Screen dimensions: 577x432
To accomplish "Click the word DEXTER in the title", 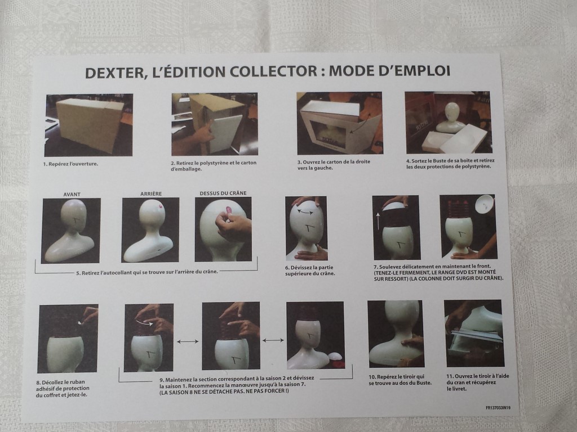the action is (x=114, y=73).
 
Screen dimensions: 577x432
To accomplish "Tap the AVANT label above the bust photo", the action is (x=72, y=194).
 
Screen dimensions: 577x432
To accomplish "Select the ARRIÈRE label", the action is (x=151, y=193).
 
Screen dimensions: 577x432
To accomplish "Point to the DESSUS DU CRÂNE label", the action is (x=223, y=193).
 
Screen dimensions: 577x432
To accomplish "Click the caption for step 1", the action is (x=70, y=164).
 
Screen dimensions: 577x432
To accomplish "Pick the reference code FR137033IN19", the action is (x=498, y=407).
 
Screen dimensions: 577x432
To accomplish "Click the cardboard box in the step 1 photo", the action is (x=89, y=123).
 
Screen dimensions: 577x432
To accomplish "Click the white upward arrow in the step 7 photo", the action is (x=378, y=220).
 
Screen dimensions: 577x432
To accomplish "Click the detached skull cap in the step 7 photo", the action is (x=484, y=204).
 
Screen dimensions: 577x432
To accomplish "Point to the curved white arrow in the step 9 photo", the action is (x=144, y=322).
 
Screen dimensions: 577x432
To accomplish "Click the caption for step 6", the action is (x=310, y=271).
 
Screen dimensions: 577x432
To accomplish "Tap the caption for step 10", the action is (x=400, y=380).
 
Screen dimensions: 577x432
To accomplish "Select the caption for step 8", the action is (x=63, y=388).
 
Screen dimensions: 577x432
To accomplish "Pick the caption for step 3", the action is (x=334, y=165).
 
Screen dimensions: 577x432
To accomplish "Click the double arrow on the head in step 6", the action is (x=305, y=211).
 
